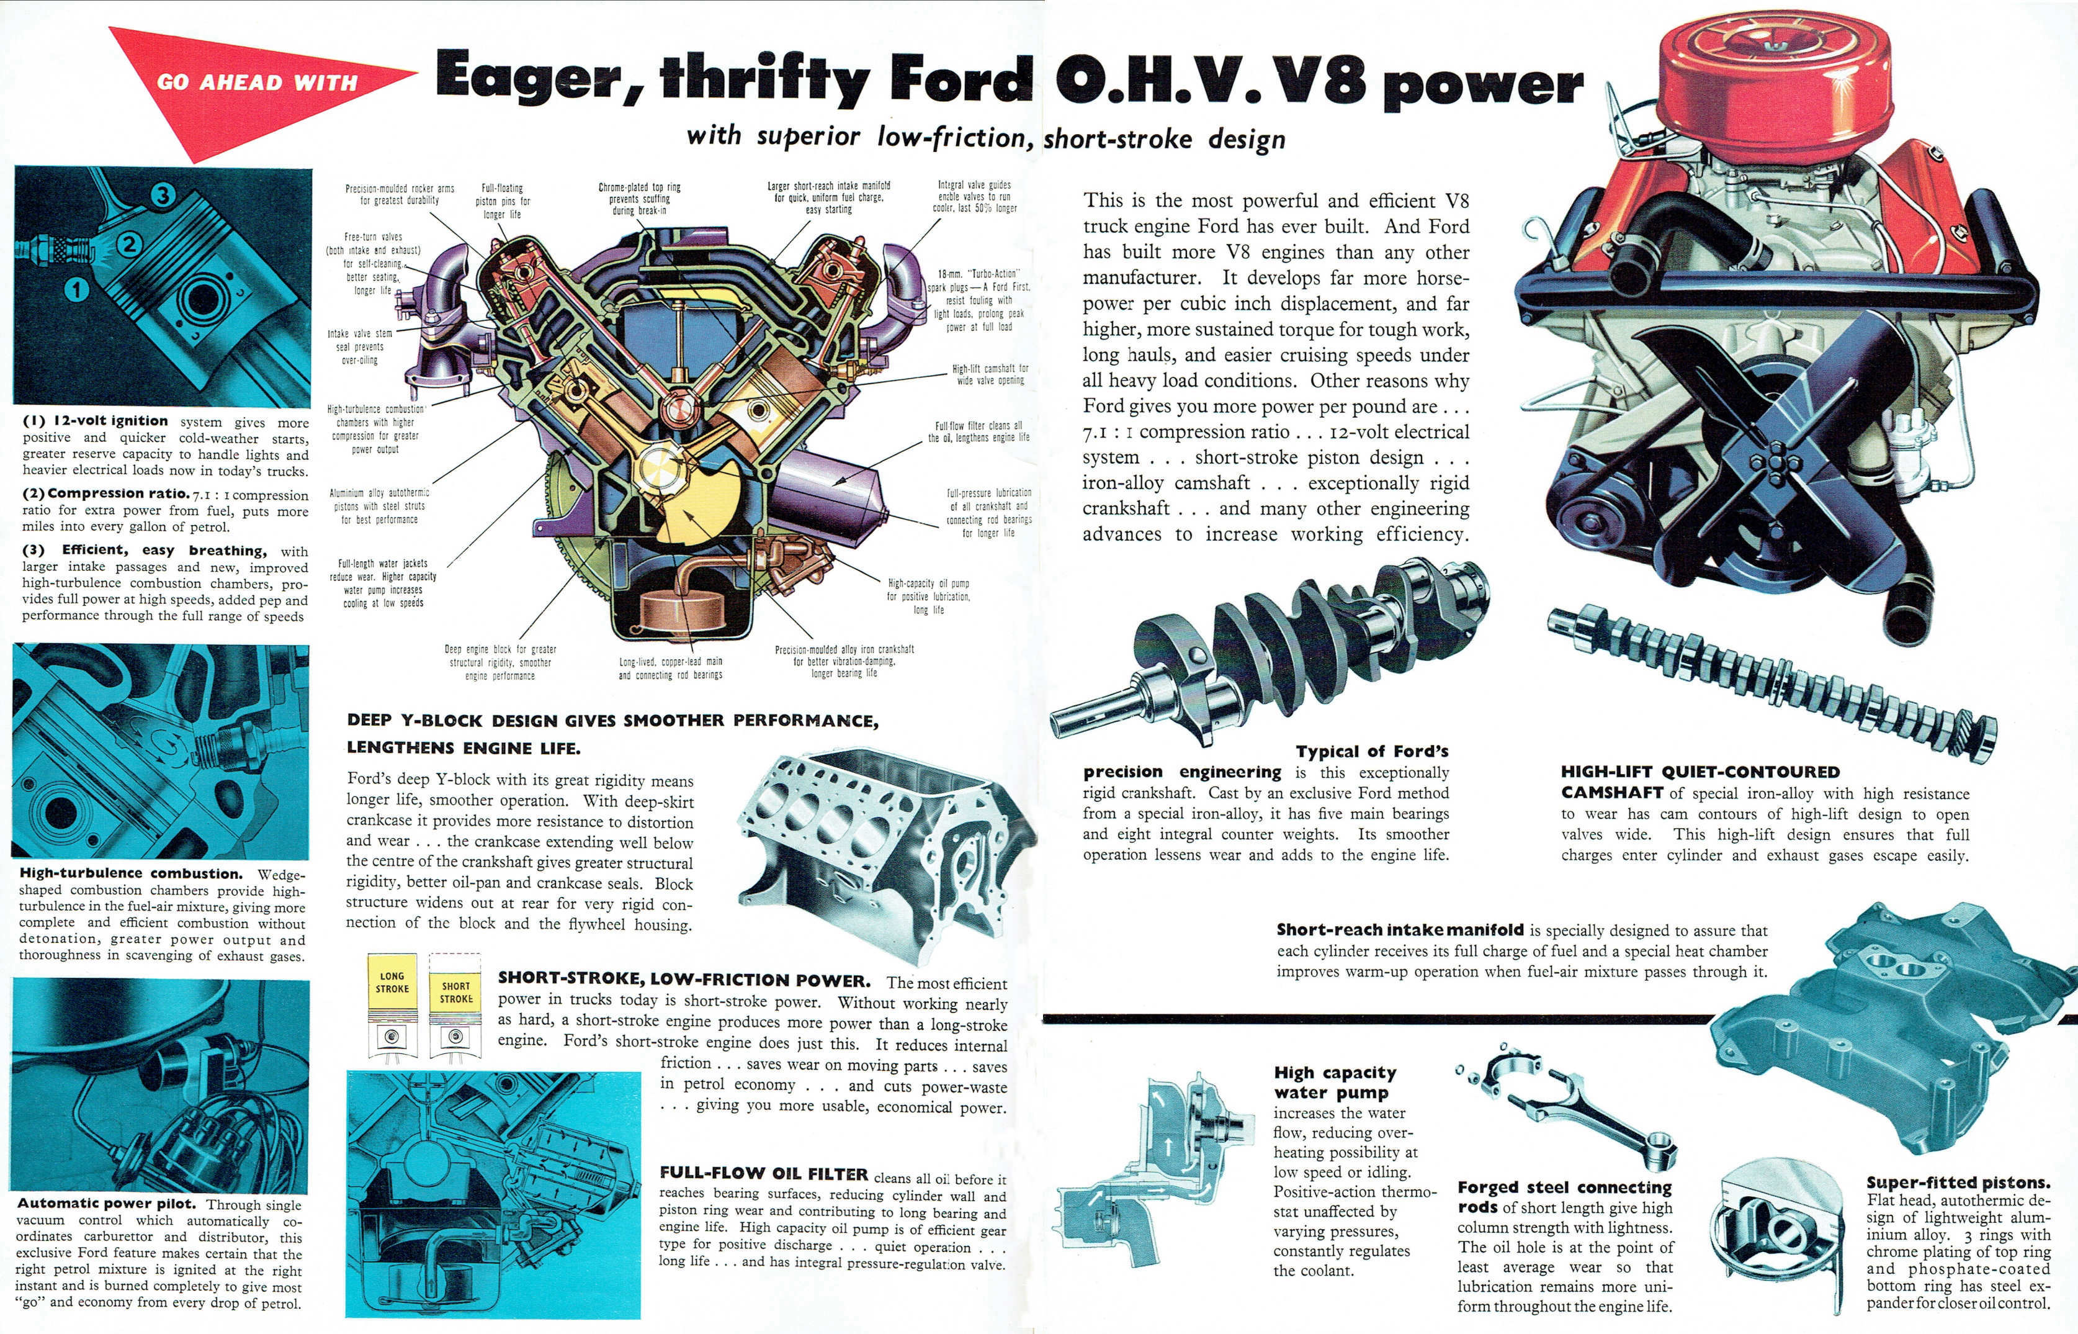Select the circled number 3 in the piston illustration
point(162,195)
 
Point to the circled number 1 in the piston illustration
point(77,289)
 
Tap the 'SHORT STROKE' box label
point(456,993)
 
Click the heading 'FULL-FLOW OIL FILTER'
point(764,1174)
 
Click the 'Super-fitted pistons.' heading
point(1958,1183)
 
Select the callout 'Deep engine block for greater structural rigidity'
point(501,662)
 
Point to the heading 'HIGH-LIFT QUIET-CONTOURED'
point(1701,771)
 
